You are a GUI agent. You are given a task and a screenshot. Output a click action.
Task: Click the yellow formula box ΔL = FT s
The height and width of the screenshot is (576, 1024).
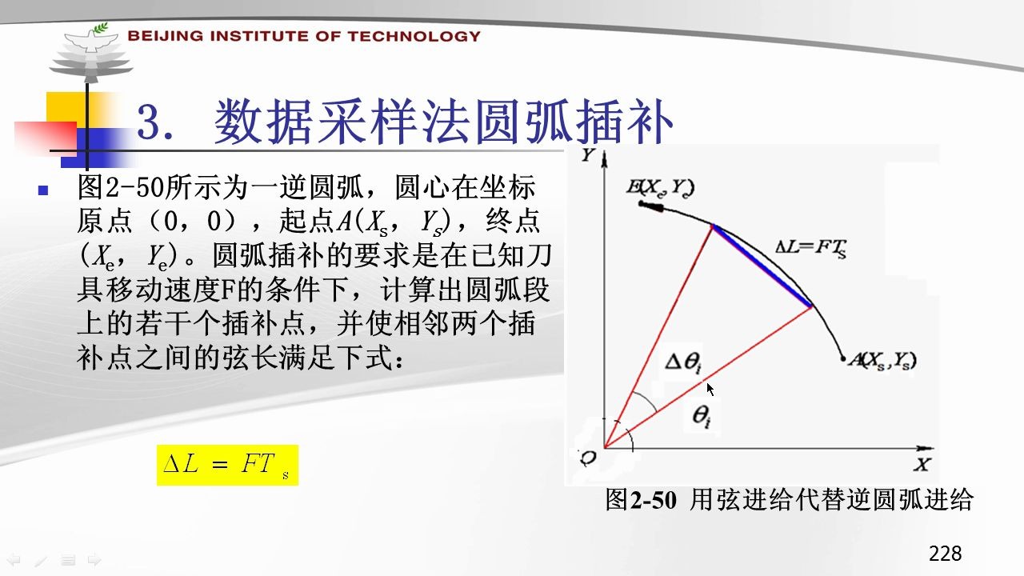(227, 465)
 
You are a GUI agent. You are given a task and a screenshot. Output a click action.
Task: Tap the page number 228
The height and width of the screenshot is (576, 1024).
(945, 553)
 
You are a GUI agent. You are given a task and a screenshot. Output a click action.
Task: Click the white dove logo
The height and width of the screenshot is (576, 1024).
(90, 38)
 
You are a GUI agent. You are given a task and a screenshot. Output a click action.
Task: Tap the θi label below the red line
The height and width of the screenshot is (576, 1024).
(702, 416)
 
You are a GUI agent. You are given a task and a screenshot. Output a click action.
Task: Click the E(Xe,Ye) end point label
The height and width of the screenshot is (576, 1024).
(661, 187)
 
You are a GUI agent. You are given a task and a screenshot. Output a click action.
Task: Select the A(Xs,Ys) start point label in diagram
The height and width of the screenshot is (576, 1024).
(882, 361)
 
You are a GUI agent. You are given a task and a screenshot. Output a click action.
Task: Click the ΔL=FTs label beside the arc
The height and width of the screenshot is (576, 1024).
(811, 248)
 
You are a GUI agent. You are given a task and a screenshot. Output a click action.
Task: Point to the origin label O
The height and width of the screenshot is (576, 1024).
(588, 457)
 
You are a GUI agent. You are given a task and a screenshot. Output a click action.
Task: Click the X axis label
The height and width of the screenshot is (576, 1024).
(922, 465)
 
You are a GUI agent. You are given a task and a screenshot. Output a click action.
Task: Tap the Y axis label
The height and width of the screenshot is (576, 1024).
(588, 155)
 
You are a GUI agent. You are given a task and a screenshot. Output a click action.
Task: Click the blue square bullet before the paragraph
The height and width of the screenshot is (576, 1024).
(43, 190)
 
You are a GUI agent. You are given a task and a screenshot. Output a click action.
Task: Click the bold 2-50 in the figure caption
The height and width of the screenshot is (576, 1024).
(654, 500)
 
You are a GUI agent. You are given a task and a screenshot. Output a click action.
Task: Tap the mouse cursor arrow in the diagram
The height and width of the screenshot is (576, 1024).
(710, 389)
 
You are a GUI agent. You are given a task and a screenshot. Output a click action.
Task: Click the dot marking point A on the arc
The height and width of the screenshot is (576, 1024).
(843, 359)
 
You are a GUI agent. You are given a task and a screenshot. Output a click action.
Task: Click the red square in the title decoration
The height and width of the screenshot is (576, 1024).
(46, 136)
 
